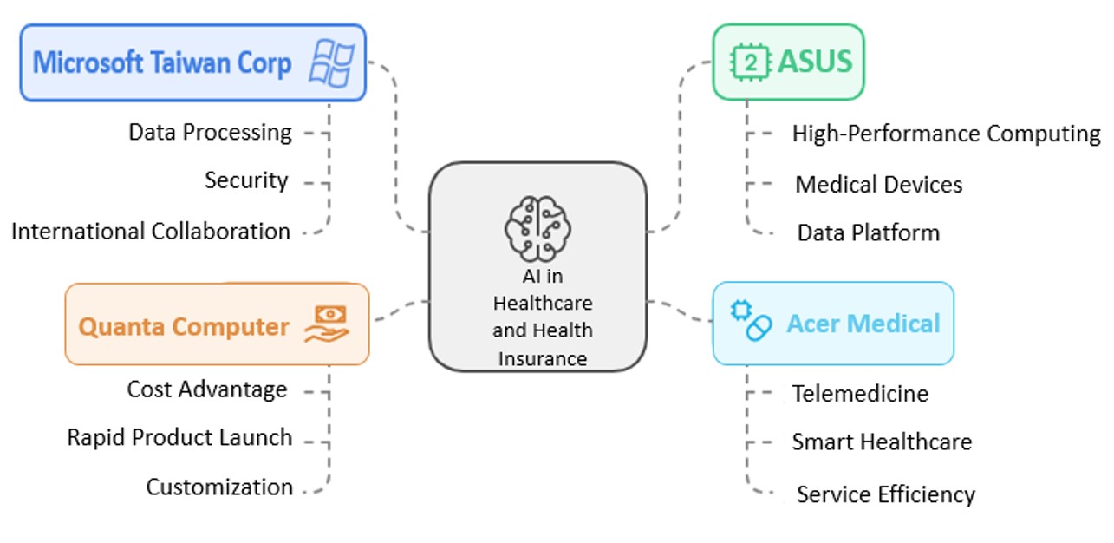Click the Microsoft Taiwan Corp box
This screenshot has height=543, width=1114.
point(192,62)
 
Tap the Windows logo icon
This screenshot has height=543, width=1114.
point(332,62)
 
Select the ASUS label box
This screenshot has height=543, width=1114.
point(788,62)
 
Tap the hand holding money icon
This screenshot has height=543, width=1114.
point(326,324)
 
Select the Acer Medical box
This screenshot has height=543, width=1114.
point(832,324)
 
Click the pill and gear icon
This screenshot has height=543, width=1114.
point(751,321)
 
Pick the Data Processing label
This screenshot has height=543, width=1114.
point(210,133)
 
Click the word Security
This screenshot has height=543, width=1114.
point(246,180)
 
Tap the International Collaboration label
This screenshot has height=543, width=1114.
point(151,232)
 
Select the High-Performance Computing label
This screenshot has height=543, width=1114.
point(946,134)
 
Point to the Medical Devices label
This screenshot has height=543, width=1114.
point(878,185)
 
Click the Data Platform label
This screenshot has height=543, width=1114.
point(868,232)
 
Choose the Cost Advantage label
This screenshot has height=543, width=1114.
point(206,389)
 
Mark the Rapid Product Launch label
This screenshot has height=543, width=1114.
point(179,437)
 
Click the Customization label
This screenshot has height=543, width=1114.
point(219,487)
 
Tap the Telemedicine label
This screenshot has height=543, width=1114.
point(860,394)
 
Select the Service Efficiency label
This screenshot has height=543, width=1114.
point(885,494)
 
